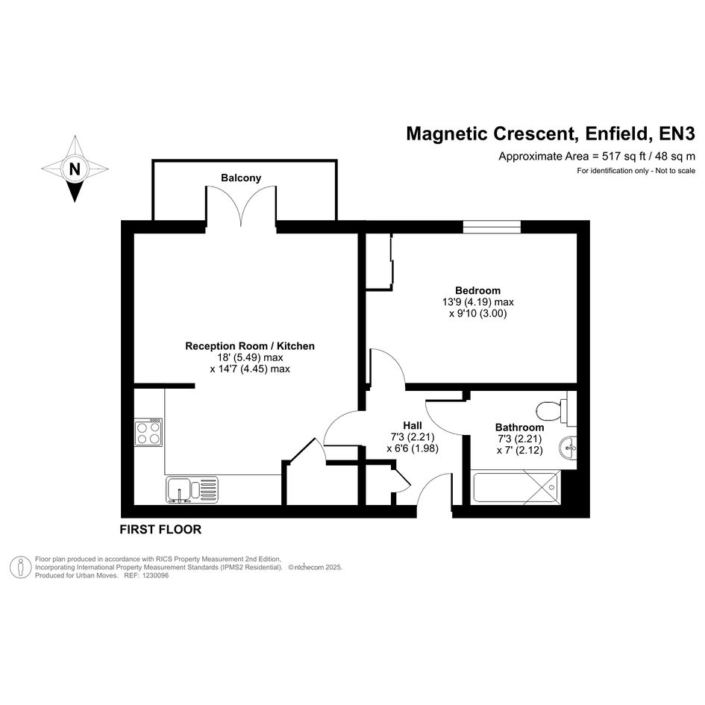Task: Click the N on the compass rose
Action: tap(75, 169)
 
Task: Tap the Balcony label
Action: tap(241, 178)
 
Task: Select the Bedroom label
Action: tap(477, 290)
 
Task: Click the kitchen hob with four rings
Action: tap(148, 432)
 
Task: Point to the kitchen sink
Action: tap(192, 489)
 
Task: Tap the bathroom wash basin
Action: tap(568, 448)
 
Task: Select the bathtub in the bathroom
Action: tap(516, 488)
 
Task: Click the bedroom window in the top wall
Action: tap(492, 227)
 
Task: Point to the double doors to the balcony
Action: tap(241, 206)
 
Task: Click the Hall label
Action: tap(413, 425)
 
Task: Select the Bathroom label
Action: tap(519, 427)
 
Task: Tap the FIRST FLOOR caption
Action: tap(160, 530)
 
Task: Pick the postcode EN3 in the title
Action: tap(677, 134)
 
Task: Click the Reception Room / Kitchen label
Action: tap(250, 346)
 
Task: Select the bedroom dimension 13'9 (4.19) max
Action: tap(478, 302)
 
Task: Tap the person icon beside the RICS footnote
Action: tap(20, 568)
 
